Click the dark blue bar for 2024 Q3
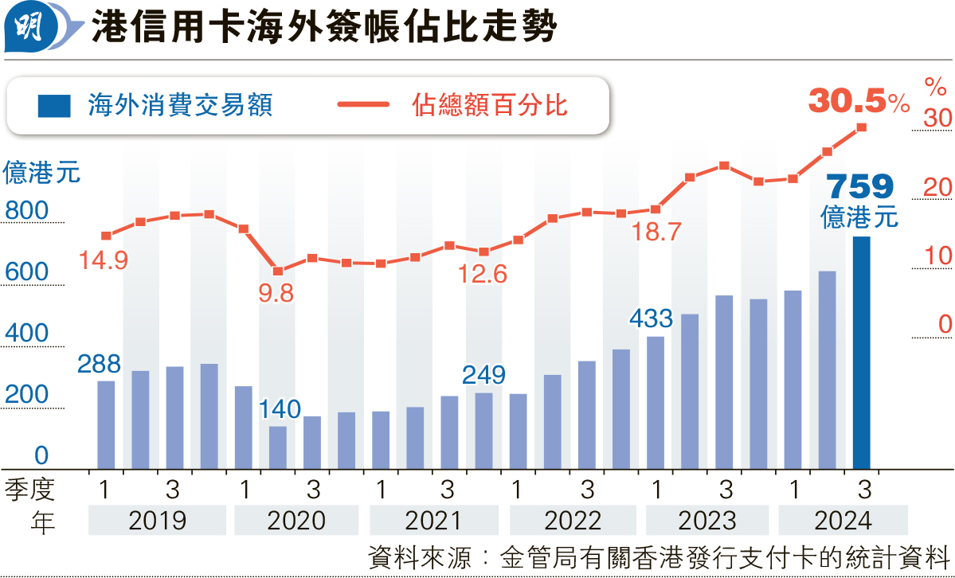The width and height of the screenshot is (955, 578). pos(861,352)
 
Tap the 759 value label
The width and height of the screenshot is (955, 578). pos(860,187)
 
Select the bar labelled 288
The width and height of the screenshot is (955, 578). pos(106,424)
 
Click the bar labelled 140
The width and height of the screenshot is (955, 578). pos(277,447)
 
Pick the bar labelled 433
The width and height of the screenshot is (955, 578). pos(656,402)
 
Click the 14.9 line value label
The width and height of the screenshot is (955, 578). pos(104,260)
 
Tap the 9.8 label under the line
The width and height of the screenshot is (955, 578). pos(276,293)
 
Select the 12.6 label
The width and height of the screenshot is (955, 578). pos(483,275)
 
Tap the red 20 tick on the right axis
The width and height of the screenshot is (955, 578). pos(938,187)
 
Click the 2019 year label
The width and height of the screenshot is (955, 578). pos(157,521)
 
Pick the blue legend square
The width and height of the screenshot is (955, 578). pos(54,105)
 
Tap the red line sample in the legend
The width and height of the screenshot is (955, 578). pos(362,105)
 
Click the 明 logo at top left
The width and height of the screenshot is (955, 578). pos(30,29)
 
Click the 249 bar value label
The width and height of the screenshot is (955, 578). pos(483,374)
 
